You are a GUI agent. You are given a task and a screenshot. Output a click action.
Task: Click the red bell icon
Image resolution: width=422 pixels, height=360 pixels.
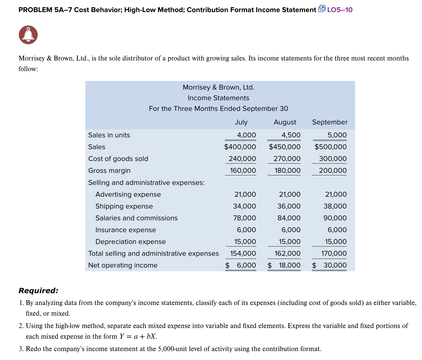coord(28,35)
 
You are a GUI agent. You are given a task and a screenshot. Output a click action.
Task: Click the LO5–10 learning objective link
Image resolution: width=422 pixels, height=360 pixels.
coord(340,10)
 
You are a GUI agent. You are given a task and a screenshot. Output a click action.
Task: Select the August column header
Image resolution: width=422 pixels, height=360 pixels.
coord(285,122)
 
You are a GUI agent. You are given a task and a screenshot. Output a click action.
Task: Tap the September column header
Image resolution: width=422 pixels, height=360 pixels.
coord(330,122)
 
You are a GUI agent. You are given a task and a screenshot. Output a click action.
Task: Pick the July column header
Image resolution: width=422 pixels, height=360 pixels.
coord(241,122)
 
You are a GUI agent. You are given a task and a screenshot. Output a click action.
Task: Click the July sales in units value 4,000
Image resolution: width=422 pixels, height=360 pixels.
coord(246,135)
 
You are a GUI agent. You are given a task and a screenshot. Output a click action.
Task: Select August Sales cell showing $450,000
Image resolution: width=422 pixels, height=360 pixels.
coord(285,147)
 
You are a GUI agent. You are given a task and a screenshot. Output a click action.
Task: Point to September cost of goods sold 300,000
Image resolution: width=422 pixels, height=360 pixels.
coord(333,159)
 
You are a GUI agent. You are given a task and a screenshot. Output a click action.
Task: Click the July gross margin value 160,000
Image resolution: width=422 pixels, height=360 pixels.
coord(243,170)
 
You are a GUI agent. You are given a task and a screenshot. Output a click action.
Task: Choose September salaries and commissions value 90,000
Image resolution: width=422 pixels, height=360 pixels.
coord(335,218)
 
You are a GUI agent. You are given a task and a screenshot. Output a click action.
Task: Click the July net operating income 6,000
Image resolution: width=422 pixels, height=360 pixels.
coord(246,265)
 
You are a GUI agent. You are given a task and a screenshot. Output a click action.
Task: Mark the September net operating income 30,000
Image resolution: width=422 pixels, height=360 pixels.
coord(335,265)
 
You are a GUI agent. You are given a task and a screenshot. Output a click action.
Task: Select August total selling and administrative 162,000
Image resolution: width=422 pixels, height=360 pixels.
coord(287,253)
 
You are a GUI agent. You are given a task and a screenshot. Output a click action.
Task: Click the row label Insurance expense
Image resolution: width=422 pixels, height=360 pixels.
coord(125,230)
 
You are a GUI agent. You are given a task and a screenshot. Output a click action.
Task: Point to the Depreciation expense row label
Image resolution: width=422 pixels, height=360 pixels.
coord(130,242)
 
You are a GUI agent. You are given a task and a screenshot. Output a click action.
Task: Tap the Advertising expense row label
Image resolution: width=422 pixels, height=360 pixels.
coord(128,194)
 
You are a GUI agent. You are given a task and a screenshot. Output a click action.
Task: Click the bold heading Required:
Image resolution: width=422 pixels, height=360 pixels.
coord(38,291)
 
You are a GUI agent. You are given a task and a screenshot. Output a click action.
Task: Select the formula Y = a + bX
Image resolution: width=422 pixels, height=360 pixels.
coord(138,336)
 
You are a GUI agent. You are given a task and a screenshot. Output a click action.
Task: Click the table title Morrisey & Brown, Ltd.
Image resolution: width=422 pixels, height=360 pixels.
coord(218,87)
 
